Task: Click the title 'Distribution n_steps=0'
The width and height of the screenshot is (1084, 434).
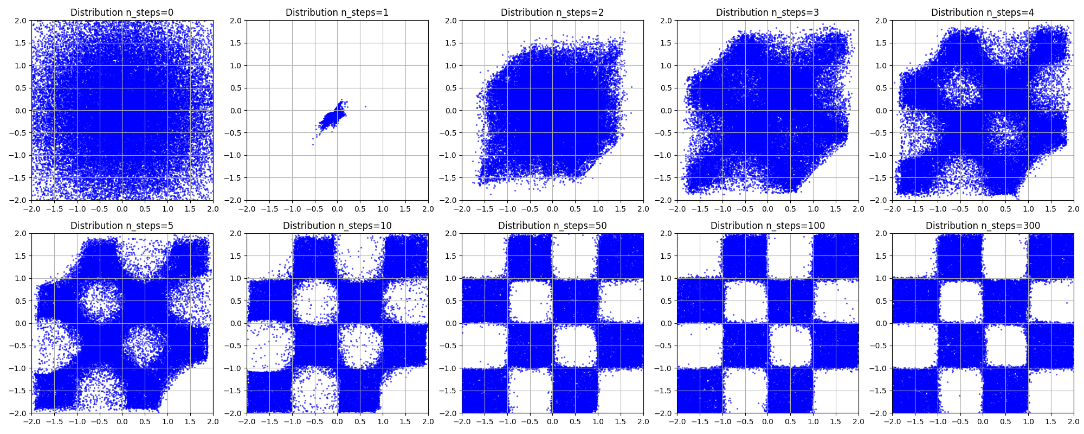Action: coord(122,12)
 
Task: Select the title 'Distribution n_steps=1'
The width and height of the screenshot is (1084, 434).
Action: coord(337,12)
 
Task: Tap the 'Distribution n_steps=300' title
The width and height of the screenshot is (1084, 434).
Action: coord(983,226)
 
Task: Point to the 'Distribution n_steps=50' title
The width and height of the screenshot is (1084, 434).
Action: coord(552,226)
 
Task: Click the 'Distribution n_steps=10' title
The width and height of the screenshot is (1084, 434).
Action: coord(337,226)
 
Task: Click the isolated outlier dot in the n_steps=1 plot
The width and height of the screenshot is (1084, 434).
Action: coord(365,106)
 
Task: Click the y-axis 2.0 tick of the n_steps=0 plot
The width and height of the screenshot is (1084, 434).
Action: coord(21,21)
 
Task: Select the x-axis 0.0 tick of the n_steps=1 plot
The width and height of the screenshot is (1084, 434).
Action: coord(337,208)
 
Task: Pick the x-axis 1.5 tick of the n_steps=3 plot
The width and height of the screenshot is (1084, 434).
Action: coord(836,208)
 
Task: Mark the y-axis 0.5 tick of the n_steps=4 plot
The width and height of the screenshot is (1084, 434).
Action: coord(881,88)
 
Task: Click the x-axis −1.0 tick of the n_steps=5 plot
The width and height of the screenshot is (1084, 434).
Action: coord(77,421)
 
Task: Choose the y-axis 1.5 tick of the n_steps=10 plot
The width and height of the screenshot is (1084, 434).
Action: coord(236,256)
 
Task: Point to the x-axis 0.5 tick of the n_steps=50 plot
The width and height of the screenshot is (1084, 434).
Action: coord(575,421)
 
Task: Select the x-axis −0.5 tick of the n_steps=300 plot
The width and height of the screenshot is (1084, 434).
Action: coord(960,421)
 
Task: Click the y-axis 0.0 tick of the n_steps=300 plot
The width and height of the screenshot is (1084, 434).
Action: coord(881,323)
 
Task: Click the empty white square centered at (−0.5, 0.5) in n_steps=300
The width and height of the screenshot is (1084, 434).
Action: coord(960,301)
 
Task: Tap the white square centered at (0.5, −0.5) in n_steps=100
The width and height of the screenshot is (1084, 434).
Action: coord(790,346)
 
